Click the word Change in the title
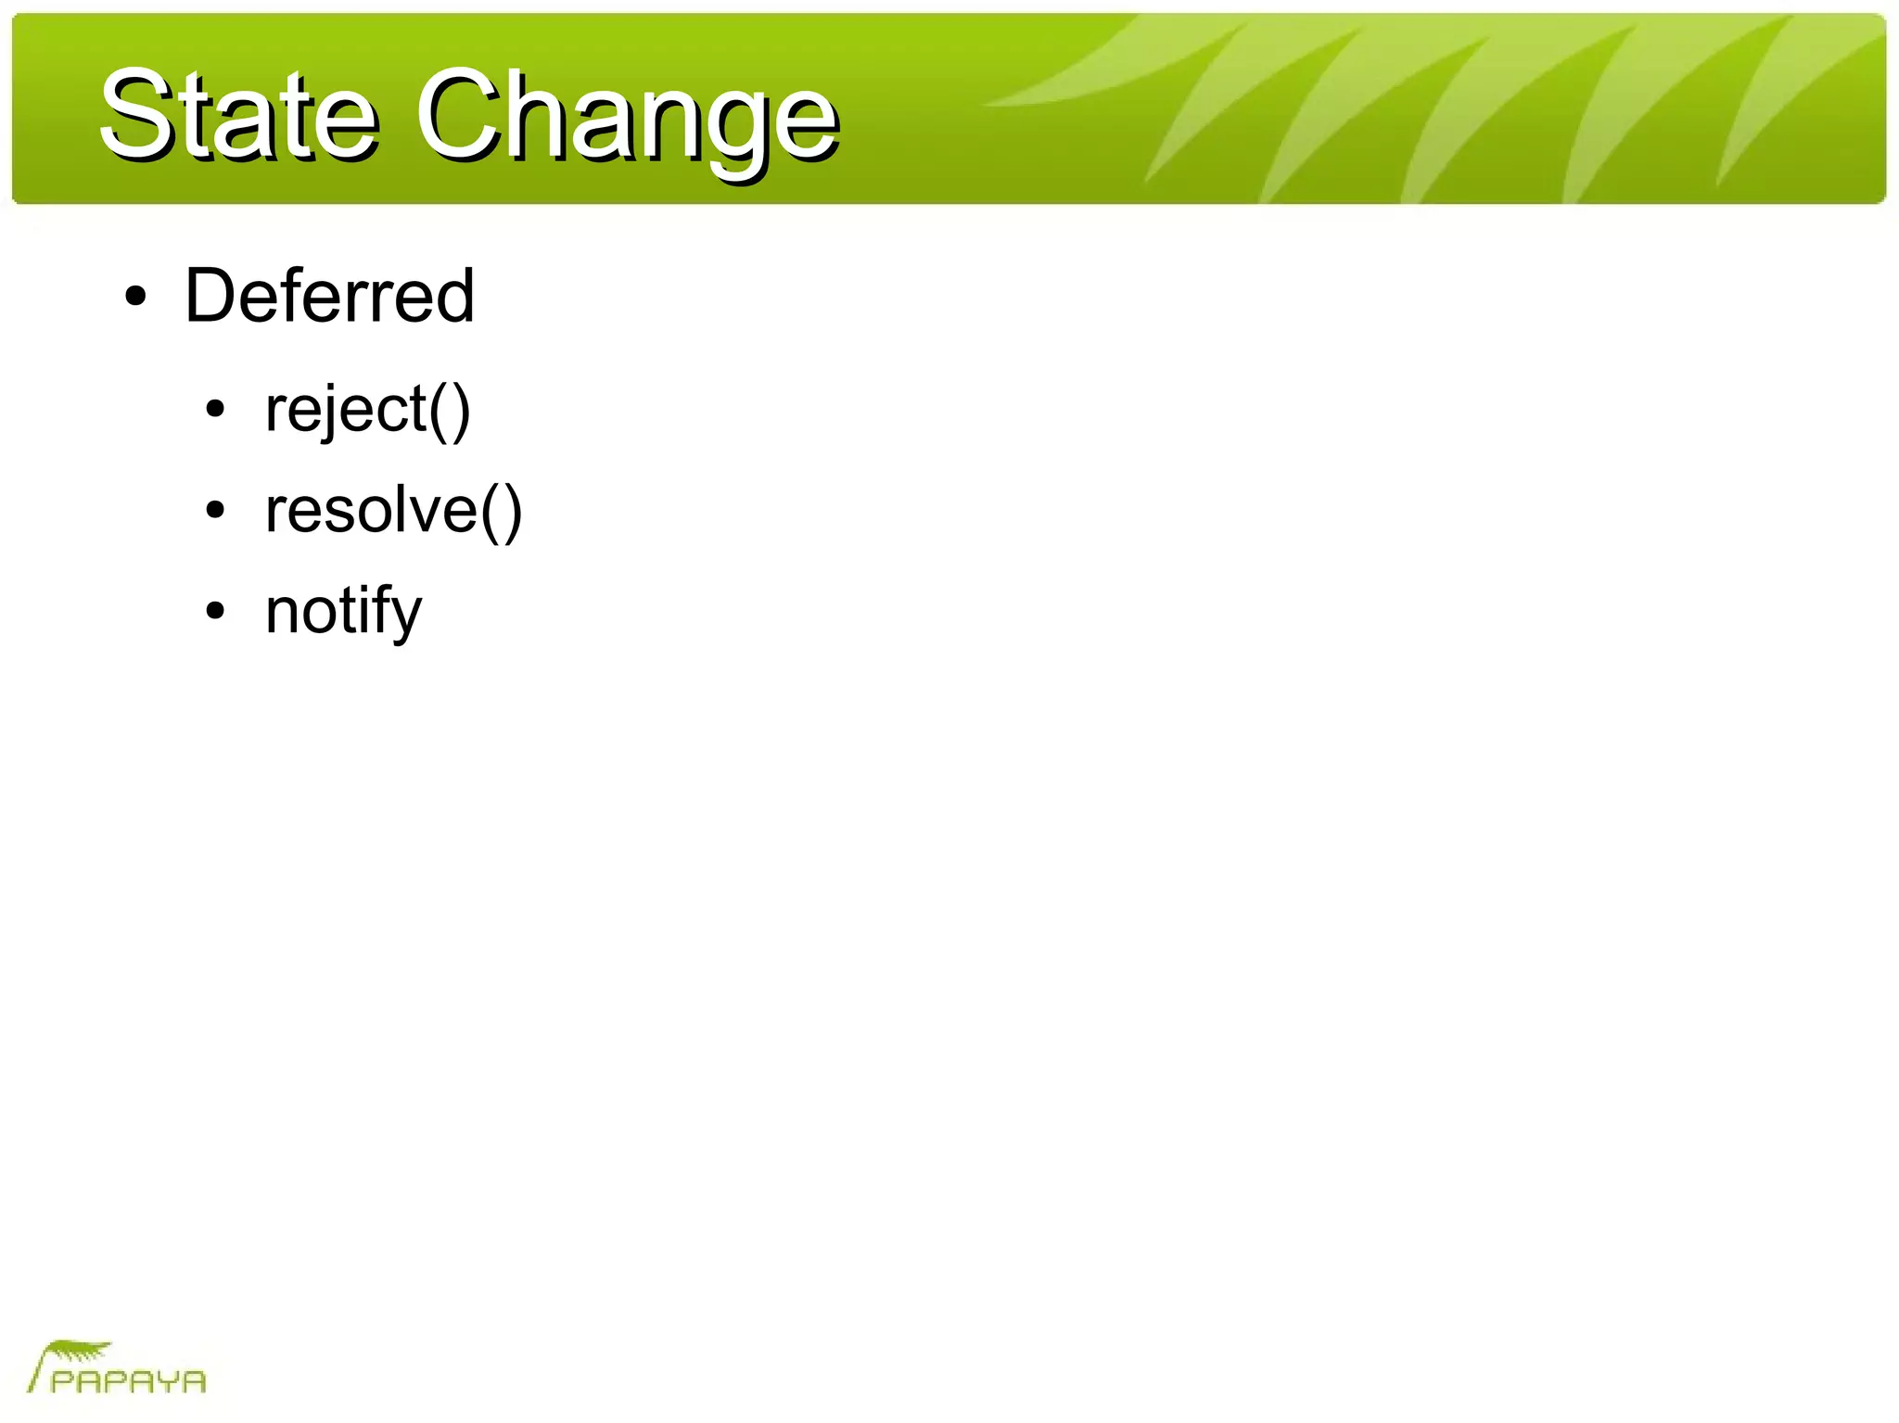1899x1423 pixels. (627, 119)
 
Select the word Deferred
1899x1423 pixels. (329, 296)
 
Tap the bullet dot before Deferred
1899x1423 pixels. (136, 298)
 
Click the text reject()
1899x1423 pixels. (367, 409)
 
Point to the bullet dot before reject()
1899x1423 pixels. (216, 409)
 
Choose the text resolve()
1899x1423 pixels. (393, 510)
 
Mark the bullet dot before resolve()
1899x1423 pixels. (216, 510)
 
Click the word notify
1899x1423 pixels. (343, 611)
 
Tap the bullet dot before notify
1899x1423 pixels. (216, 611)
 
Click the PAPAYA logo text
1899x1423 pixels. (128, 1381)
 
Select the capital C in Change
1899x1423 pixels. (454, 116)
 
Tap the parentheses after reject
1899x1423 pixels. (450, 410)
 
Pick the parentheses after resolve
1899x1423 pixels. (502, 511)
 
